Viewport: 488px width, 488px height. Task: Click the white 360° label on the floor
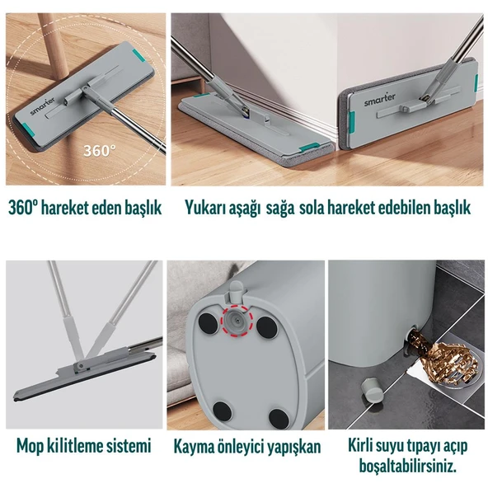[99, 150]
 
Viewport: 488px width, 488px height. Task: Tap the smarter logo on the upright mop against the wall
[380, 100]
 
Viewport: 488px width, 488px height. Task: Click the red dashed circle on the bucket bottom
[236, 321]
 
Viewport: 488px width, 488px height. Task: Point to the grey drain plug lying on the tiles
[373, 390]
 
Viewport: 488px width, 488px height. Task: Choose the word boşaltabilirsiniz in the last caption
[408, 466]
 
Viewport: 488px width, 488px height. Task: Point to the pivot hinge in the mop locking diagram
[81, 366]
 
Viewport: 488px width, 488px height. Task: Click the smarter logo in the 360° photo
[43, 106]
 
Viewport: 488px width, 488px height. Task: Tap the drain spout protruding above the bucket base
[236, 290]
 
